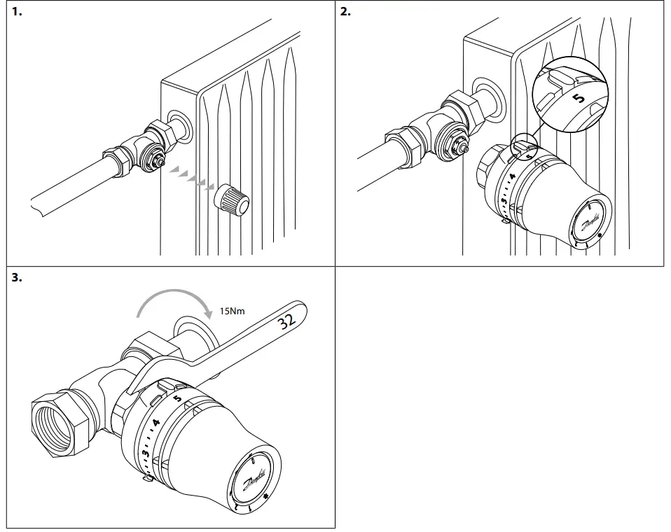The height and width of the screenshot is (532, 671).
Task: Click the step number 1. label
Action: coord(17,12)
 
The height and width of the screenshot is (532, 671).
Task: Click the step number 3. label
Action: coord(17,278)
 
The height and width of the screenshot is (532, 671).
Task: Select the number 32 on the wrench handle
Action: coord(286,323)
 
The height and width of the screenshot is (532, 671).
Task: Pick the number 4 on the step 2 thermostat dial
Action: coord(512,176)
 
